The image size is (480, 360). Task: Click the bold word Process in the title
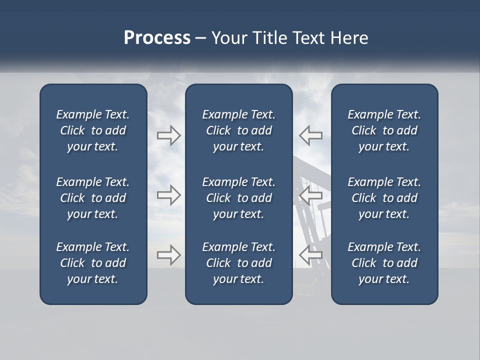(157, 38)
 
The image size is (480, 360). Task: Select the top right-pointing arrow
(168, 135)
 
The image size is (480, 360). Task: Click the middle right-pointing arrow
(168, 194)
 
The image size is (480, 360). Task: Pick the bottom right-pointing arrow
(168, 255)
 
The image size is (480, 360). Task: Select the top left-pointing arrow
(310, 135)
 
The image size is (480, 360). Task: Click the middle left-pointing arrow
(310, 194)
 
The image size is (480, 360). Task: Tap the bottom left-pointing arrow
(310, 255)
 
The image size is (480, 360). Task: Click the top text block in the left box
(93, 130)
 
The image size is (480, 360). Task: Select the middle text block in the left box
(93, 198)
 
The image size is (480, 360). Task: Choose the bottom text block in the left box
(93, 263)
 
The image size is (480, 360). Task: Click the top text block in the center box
(238, 130)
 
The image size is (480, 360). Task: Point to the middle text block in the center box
(238, 198)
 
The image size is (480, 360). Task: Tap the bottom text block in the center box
(238, 263)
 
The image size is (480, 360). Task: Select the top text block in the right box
(384, 130)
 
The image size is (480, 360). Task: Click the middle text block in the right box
(384, 198)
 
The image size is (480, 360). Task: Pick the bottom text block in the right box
(384, 263)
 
